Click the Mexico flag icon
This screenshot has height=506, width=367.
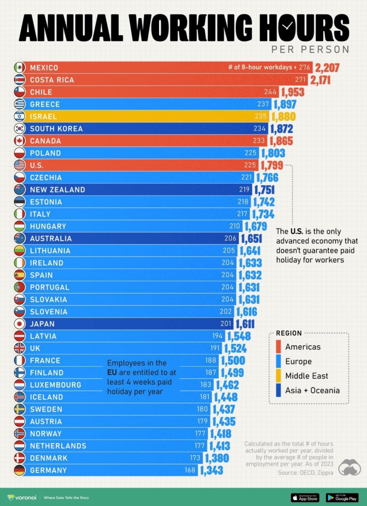[19, 68]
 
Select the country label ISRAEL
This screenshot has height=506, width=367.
[43, 117]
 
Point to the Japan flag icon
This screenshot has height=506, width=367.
[19, 324]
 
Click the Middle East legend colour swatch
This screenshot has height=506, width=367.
[279, 376]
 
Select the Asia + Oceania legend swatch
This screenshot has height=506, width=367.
[279, 390]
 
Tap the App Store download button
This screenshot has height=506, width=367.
[304, 497]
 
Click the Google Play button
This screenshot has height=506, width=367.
[342, 497]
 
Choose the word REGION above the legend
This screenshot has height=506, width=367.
[289, 333]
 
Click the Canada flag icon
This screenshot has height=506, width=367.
[19, 141]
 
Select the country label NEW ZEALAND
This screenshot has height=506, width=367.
[57, 190]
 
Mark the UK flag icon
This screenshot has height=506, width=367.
[19, 348]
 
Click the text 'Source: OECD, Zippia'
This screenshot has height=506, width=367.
[305, 472]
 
